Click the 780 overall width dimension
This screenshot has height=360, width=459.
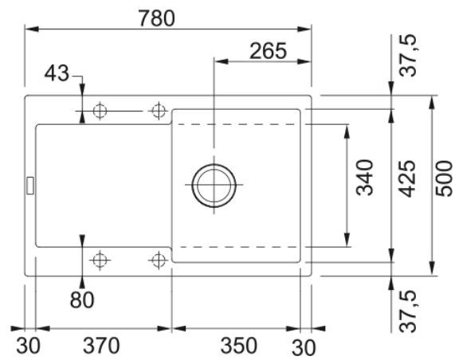[156, 18]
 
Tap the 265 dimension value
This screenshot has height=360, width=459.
[268, 51]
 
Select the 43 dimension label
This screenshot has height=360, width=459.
[57, 73]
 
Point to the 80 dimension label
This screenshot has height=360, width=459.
[82, 299]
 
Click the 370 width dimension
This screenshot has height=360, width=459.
[101, 346]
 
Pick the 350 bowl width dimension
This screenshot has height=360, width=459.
[239, 346]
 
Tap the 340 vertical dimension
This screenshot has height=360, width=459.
[365, 178]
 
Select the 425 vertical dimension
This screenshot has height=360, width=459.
[407, 178]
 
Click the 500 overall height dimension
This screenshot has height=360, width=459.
[444, 178]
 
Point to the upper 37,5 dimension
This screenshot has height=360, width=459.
[407, 56]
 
